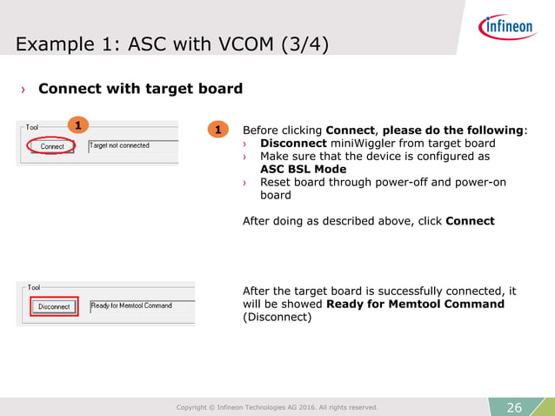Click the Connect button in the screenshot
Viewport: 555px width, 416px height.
(x=52, y=146)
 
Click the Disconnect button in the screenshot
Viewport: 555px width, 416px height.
(x=54, y=306)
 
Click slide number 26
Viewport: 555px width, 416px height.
(x=514, y=407)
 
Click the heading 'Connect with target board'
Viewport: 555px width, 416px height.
(x=140, y=89)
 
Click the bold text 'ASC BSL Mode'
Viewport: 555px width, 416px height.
(x=303, y=169)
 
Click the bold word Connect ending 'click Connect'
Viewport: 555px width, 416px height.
(x=470, y=221)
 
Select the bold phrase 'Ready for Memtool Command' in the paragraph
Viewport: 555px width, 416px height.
(x=415, y=304)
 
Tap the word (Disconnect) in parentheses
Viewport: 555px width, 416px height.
(x=277, y=317)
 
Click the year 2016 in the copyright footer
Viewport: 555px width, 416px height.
(x=298, y=407)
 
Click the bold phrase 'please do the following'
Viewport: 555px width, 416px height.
(x=453, y=131)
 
